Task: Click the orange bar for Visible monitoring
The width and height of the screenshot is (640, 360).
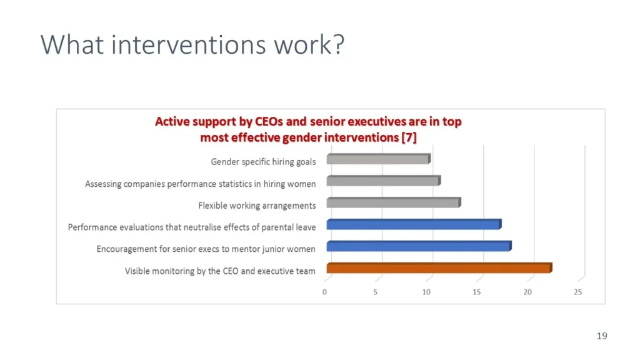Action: coord(439,267)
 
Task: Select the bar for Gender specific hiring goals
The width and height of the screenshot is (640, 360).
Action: coord(378,159)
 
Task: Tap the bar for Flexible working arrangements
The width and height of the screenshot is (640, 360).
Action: coord(394,202)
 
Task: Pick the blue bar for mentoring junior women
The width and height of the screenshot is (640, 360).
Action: coord(419,246)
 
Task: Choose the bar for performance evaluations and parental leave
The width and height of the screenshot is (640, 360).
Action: coord(414,224)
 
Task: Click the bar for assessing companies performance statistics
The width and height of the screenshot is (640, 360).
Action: coord(384,181)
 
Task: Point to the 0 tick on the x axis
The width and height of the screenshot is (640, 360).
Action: coord(324,292)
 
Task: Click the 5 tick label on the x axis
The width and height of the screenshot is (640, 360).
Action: coord(375,292)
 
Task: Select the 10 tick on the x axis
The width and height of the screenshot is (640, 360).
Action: coord(426,292)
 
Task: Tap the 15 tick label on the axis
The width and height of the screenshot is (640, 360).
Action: coord(477,292)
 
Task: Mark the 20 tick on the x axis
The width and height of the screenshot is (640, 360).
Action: coord(527,292)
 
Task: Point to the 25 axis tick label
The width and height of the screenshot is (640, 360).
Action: coord(578,292)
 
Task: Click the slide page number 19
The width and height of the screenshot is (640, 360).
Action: coord(602,336)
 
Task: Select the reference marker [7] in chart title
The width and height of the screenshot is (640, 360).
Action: coord(409,137)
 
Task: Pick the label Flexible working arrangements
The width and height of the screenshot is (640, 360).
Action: coord(257,205)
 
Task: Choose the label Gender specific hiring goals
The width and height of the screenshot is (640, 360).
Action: coord(263,162)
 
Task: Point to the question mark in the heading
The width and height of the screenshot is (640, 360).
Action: coord(339,44)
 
